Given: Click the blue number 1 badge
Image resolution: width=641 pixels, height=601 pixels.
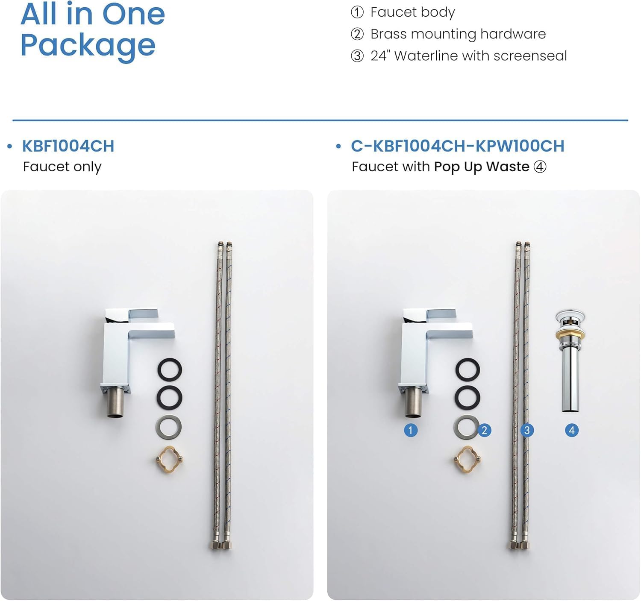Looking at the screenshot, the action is (411, 430).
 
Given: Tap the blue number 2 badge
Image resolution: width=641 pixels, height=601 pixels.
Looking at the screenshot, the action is (484, 430).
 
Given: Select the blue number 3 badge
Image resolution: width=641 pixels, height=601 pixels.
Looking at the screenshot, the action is (527, 430).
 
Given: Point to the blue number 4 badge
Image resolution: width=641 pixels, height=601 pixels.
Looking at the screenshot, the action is (572, 430).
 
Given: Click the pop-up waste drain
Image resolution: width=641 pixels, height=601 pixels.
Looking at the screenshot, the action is (570, 361).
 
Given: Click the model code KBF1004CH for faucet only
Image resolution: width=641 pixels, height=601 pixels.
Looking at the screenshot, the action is (68, 146).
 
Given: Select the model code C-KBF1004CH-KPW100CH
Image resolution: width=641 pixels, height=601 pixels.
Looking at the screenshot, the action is (458, 146).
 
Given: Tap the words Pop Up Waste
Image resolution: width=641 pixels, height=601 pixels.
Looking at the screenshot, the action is (482, 167).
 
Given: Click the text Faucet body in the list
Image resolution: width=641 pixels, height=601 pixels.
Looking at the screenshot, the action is (412, 12).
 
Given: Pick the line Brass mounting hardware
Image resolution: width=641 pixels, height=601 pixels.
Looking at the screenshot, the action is (458, 34).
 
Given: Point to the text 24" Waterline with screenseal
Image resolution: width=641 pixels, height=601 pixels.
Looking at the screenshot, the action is (469, 56).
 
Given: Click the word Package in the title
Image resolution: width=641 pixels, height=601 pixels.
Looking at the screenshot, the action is (88, 46).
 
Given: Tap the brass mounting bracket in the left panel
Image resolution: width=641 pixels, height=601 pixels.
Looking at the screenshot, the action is (170, 460).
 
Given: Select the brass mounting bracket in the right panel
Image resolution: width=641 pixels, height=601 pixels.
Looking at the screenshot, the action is (468, 460).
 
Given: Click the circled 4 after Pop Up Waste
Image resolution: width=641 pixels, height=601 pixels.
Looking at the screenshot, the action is (540, 167).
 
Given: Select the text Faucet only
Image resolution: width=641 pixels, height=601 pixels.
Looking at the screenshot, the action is (62, 167).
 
